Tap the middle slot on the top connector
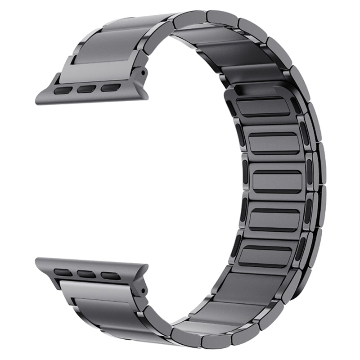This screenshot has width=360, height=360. [86, 89]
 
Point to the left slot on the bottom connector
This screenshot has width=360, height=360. [63, 272]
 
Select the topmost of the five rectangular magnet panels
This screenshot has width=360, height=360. [263, 108]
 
